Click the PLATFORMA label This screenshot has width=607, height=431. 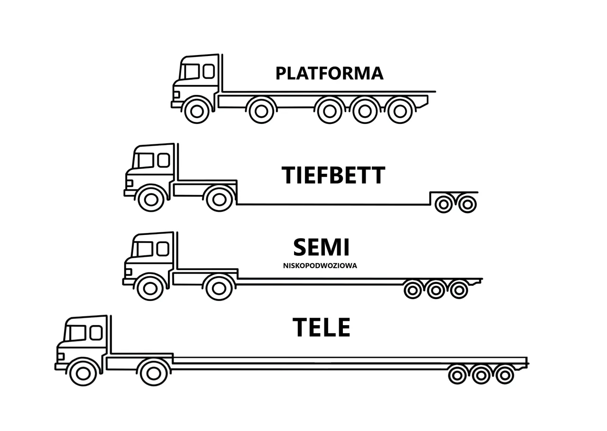[x=329, y=74]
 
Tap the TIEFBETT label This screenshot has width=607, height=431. [x=333, y=176]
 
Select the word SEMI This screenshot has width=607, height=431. [x=321, y=247]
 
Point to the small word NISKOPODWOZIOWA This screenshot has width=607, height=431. [x=320, y=266]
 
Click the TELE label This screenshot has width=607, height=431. [x=322, y=328]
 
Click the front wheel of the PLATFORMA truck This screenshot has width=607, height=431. [x=197, y=111]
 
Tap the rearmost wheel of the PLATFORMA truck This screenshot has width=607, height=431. [x=400, y=111]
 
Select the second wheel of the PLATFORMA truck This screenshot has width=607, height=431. [x=261, y=111]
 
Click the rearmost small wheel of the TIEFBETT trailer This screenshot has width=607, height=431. [x=468, y=204]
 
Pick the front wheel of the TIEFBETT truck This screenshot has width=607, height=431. [x=151, y=199]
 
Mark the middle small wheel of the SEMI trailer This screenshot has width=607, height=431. [x=436, y=290]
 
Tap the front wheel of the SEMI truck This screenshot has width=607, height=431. [x=150, y=288]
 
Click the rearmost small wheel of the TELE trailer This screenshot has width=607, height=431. [x=505, y=375]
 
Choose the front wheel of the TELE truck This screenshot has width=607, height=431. [x=83, y=373]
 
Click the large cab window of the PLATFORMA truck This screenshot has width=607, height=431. [x=191, y=72]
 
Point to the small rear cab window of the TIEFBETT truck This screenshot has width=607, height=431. [x=164, y=160]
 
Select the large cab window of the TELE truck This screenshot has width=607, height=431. [x=77, y=333]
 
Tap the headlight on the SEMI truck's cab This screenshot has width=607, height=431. [x=128, y=272]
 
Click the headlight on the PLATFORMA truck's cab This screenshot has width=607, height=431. [x=176, y=94]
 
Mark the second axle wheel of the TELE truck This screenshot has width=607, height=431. [x=154, y=373]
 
